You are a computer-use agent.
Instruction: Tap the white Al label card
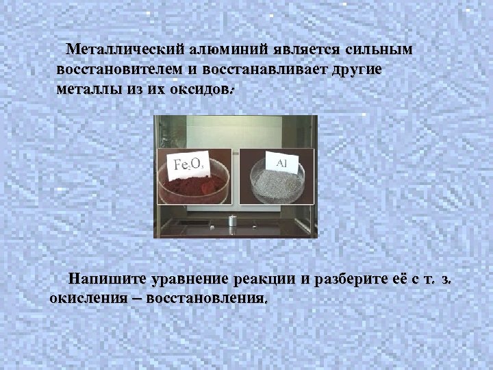(x=281, y=162)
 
